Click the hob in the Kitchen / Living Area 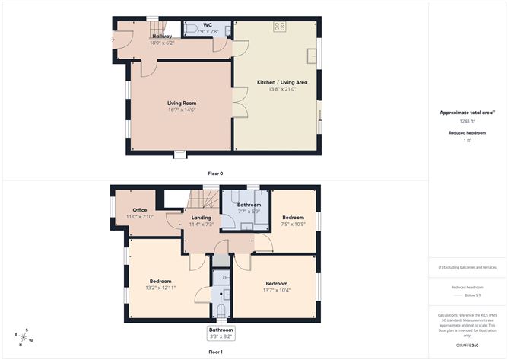tap(279, 27)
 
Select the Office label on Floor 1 tap(139, 210)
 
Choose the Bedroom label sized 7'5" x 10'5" tap(293, 216)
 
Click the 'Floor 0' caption tap(215, 174)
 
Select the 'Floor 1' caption tap(215, 352)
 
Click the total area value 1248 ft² tap(467, 121)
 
